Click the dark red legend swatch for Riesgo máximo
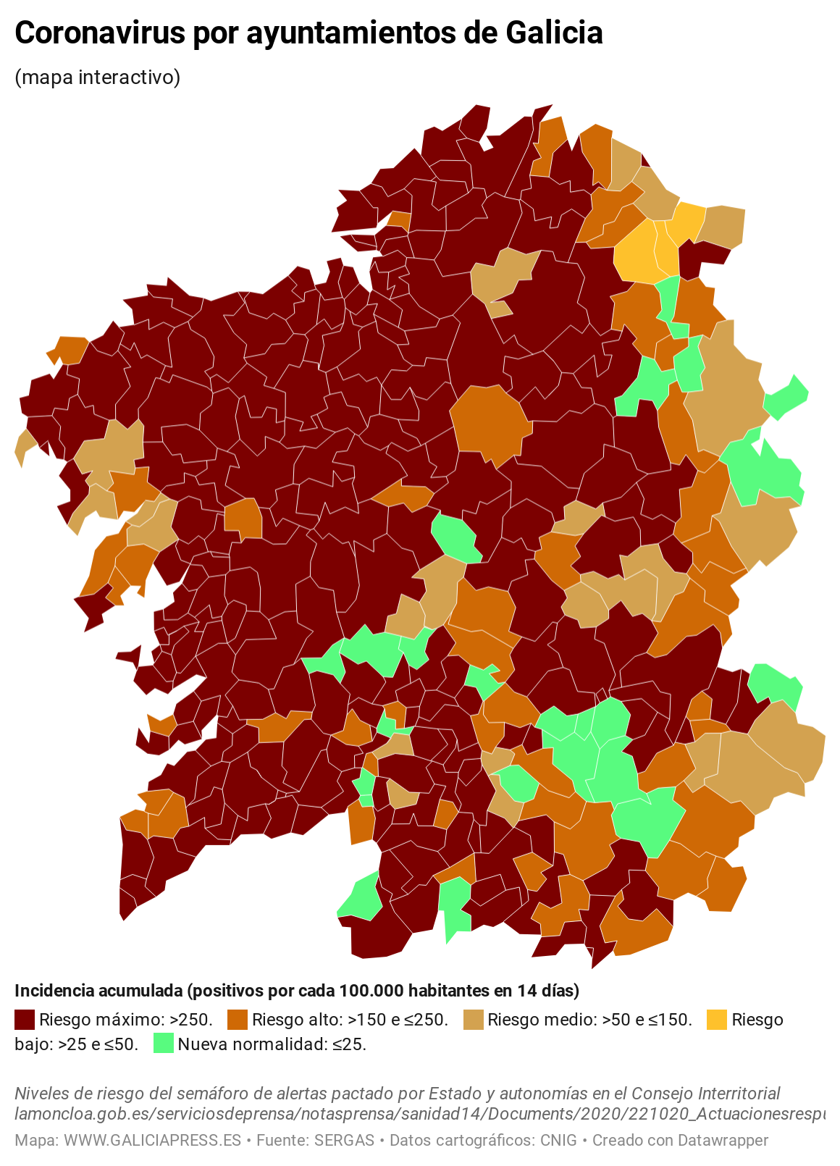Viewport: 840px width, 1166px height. [x=25, y=1020]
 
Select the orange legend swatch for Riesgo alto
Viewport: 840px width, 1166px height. [x=237, y=1020]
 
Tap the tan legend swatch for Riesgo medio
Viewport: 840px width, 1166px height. [x=472, y=1020]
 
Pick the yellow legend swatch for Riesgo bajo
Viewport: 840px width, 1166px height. [x=716, y=1020]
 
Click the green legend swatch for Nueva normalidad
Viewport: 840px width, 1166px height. [x=164, y=1044]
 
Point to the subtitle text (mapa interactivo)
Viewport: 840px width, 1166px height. [x=98, y=77]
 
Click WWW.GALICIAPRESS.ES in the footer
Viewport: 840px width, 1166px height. [x=152, y=1140]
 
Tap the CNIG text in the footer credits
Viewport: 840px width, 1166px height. [x=558, y=1140]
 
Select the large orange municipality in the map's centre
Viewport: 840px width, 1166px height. [x=490, y=423]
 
